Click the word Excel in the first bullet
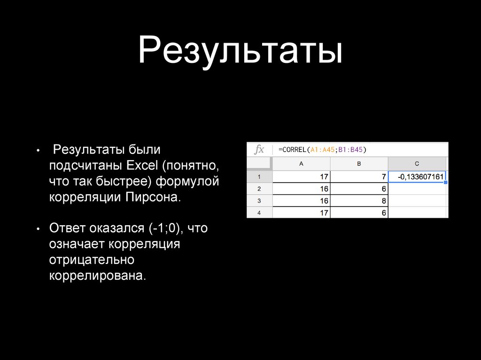pos(142,165)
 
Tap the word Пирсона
pos(153,197)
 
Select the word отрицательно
pos(92,260)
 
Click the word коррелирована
pos(98,276)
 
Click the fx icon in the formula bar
pos(259,150)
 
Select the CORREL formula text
pos(322,150)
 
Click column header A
pos(301,164)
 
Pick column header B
pos(359,164)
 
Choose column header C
pos(417,164)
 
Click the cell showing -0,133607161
pos(417,176)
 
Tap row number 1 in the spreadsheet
pos(259,177)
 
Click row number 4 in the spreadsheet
pos(259,213)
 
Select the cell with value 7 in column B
pos(359,176)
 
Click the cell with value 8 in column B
pos(359,201)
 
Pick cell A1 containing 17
pos(301,176)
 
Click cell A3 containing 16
pos(301,201)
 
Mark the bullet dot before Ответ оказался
pos(38,229)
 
